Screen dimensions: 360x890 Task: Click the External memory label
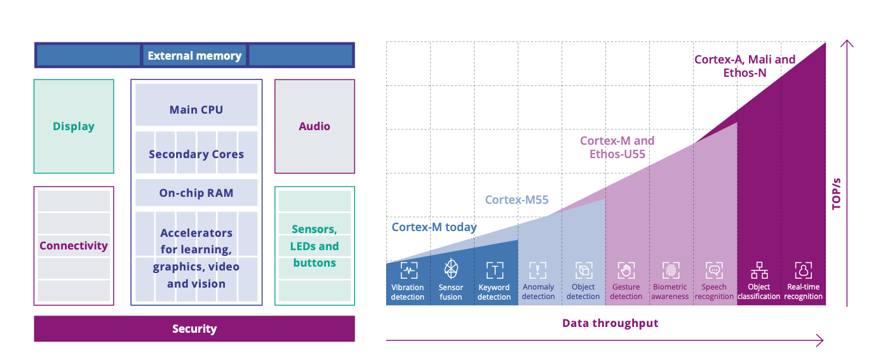coord(194,56)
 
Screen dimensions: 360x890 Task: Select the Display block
coord(74,126)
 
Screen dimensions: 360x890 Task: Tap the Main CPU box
coord(196,109)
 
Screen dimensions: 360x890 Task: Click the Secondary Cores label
coord(196,154)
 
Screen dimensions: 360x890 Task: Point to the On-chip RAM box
coord(196,193)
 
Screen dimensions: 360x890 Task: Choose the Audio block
coord(314,126)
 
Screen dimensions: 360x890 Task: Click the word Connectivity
coord(74,246)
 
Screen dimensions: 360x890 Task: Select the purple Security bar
coord(194,329)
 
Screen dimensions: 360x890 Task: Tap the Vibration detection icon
coord(408,270)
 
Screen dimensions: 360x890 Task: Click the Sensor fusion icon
coord(451,269)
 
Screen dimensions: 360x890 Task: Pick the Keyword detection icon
coord(494,270)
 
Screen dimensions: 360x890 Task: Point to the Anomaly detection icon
coord(538,270)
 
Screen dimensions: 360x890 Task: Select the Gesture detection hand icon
coord(626,270)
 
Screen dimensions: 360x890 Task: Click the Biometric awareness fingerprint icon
coord(671,270)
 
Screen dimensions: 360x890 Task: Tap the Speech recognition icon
coord(715,270)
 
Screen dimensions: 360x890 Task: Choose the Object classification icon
coord(759,270)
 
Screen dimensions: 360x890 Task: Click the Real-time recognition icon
coord(804,270)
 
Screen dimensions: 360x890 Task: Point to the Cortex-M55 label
coord(516,200)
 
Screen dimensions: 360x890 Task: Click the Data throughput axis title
coord(610,323)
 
